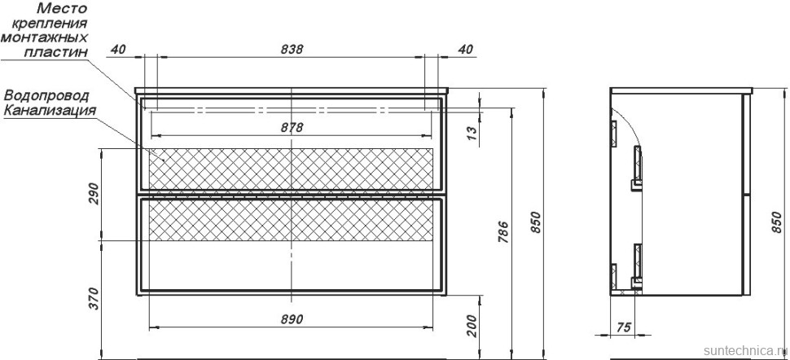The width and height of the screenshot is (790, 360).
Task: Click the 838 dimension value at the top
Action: [292, 49]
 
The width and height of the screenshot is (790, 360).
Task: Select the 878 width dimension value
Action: [292, 128]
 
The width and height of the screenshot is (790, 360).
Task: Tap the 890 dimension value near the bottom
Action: [292, 319]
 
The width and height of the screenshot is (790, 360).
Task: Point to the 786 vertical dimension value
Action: [503, 232]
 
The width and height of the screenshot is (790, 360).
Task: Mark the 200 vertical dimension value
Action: [472, 327]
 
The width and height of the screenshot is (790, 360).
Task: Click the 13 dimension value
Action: [472, 133]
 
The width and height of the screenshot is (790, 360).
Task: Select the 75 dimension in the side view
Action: [624, 327]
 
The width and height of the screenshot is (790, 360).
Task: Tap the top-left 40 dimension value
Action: [118, 49]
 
